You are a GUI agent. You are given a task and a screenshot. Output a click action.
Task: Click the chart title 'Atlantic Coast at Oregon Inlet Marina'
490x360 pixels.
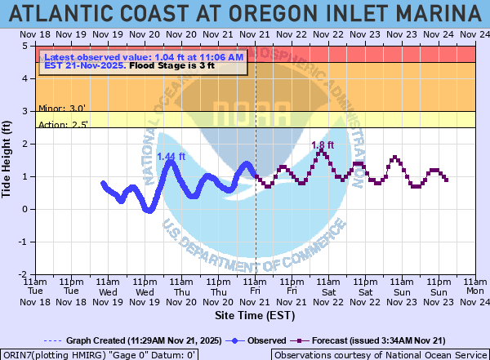pyautogui.click(x=245, y=14)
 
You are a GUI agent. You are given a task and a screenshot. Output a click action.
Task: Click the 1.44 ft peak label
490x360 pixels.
pyautogui.click(x=171, y=156)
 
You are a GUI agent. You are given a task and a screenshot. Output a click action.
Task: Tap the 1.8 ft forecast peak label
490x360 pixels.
pyautogui.click(x=323, y=144)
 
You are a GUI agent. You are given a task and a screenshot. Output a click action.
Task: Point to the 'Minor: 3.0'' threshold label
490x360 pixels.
pyautogui.click(x=62, y=107)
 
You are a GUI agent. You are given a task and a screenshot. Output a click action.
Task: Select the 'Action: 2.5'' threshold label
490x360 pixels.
pyautogui.click(x=64, y=124)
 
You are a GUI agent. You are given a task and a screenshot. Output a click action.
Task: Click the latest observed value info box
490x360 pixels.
pyautogui.click(x=143, y=61)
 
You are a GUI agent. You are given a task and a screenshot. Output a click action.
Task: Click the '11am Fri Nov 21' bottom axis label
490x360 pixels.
pyautogui.click(x=256, y=290)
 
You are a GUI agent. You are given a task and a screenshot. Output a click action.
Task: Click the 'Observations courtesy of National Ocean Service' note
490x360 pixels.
pyautogui.click(x=379, y=354)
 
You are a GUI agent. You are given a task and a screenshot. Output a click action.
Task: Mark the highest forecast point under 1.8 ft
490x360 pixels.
pyautogui.click(x=323, y=152)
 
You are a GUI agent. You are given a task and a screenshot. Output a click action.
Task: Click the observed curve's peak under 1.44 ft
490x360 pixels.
pyautogui.click(x=171, y=162)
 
